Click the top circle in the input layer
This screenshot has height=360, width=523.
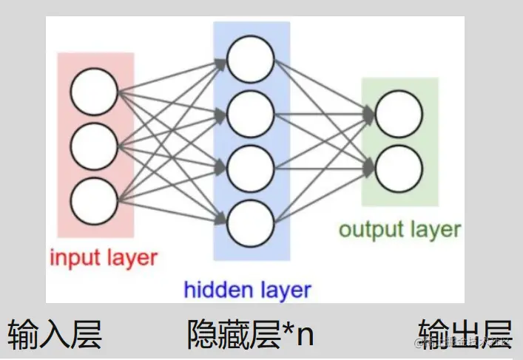click(95, 92)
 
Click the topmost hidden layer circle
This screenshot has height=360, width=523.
click(251, 58)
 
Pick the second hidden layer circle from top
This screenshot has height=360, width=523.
click(251, 113)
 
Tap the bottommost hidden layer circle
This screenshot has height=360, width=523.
click(251, 223)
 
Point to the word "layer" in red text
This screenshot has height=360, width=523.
click(131, 258)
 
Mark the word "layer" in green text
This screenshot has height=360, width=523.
click(433, 229)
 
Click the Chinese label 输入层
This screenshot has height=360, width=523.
click(55, 334)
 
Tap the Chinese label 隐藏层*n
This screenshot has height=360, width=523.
click(251, 334)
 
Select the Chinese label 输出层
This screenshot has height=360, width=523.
click(465, 334)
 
